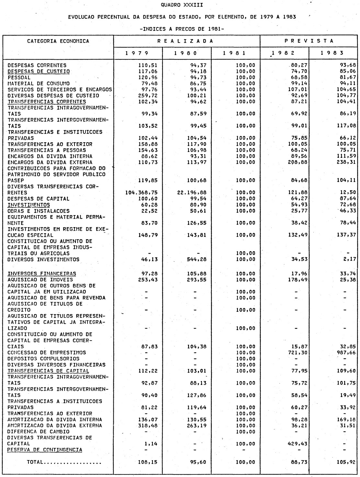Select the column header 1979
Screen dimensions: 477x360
click(x=137, y=53)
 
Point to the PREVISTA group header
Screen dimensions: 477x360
click(x=309, y=41)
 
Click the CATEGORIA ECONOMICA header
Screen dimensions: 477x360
click(x=58, y=41)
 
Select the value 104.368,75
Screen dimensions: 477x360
click(x=141, y=192)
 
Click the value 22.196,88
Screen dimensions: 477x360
click(x=192, y=192)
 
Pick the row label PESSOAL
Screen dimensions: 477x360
click(x=19, y=77)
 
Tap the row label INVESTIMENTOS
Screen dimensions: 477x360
click(x=29, y=205)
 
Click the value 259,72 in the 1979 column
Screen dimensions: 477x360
click(x=148, y=96)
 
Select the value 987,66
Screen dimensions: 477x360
click(x=346, y=353)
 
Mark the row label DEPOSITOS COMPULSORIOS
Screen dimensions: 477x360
click(x=43, y=359)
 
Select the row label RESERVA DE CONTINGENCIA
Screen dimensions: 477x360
click(x=45, y=450)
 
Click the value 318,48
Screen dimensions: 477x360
click(x=148, y=425)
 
